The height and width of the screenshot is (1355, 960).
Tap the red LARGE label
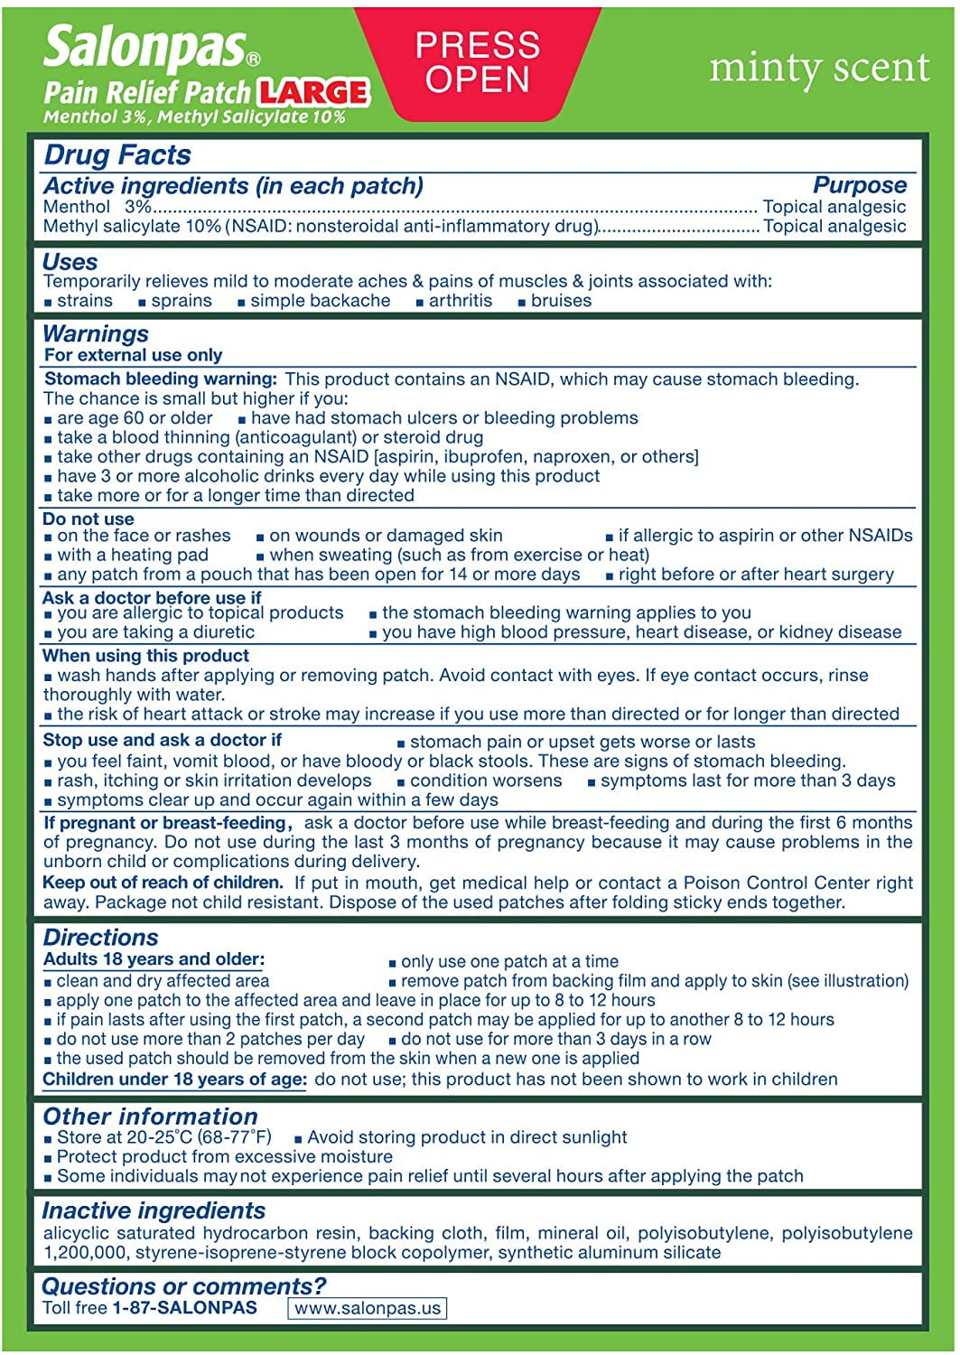313,92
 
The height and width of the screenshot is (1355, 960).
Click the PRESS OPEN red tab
477,62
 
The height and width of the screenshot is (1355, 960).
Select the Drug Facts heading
117,155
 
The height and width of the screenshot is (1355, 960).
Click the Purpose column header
859,185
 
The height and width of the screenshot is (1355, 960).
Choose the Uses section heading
70,262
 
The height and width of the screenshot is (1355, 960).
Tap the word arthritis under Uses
460,301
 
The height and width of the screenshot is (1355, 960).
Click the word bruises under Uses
561,301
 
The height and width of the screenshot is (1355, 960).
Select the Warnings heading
96,333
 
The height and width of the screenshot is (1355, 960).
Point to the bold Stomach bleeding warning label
161,379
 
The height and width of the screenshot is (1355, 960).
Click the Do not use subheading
89,519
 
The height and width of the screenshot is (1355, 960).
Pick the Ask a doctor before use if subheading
152,597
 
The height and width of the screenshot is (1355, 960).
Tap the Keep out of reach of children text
163,883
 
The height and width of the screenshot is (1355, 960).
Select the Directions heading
100,938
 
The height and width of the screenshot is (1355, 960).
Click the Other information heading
150,1117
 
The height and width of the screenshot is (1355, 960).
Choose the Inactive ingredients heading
154,1210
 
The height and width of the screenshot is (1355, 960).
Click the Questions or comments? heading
183,1286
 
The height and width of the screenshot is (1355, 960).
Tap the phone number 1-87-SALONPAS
184,1308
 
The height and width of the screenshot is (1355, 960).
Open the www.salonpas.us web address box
368,1308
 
